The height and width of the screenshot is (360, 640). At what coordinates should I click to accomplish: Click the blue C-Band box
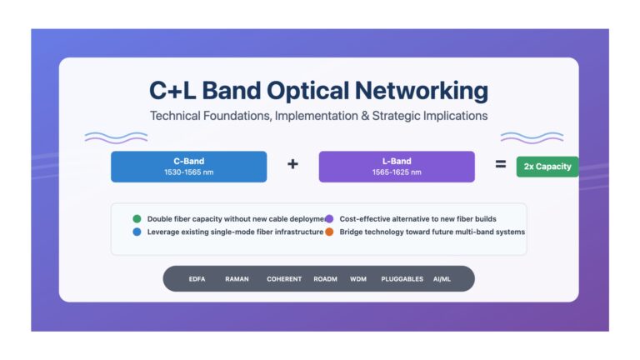point(188,167)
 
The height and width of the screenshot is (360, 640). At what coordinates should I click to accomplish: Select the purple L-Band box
point(397,167)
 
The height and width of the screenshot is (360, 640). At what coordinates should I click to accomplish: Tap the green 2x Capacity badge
point(547,167)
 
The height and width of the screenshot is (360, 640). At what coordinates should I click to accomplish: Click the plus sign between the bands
point(292,164)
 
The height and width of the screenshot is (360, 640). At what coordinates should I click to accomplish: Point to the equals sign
point(501,164)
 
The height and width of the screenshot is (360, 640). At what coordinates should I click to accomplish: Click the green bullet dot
point(137,219)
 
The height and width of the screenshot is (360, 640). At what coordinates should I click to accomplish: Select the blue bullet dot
point(137,232)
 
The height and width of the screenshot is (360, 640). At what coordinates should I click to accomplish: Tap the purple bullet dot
point(329,219)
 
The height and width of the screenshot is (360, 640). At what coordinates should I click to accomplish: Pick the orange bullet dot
point(329,232)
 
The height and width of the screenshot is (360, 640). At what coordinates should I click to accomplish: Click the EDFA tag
point(197,279)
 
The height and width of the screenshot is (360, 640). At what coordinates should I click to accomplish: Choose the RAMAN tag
point(237,279)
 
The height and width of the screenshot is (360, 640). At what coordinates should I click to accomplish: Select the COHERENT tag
point(284,279)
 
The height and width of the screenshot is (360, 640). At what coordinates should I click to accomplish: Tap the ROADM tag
point(325,279)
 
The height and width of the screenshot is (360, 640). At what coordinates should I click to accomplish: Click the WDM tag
point(358,279)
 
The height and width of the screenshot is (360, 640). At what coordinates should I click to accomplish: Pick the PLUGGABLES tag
point(402,279)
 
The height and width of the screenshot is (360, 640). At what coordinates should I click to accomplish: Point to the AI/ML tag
point(442,279)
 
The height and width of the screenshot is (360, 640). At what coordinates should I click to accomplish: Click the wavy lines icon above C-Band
point(117,137)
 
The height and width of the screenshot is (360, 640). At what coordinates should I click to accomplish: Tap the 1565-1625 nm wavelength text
point(397,172)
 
